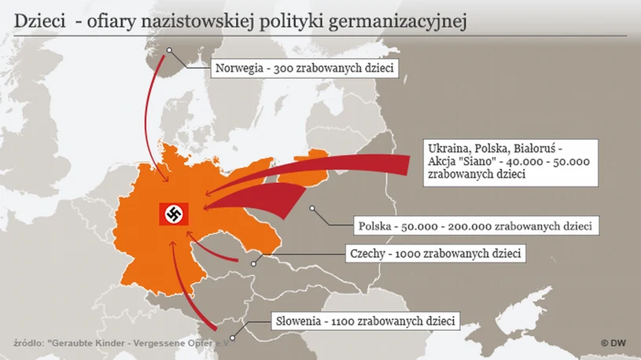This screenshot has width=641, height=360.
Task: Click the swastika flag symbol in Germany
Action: coord(171,212)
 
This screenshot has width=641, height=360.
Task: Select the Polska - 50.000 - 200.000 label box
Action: coord(476,226)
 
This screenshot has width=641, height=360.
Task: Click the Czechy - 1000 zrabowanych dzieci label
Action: coord(435,254)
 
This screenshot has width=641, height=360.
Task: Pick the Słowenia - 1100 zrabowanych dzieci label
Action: coord(365,321)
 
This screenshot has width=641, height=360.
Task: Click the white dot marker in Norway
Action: coord(168,52)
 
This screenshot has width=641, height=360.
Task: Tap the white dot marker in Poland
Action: coord(313,209)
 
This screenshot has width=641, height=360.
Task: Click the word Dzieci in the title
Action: coord(39,22)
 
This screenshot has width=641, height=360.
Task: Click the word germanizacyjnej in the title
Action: coord(410,22)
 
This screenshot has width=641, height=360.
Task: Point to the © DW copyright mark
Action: coord(613,343)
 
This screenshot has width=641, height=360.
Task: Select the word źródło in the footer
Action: coord(28,343)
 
